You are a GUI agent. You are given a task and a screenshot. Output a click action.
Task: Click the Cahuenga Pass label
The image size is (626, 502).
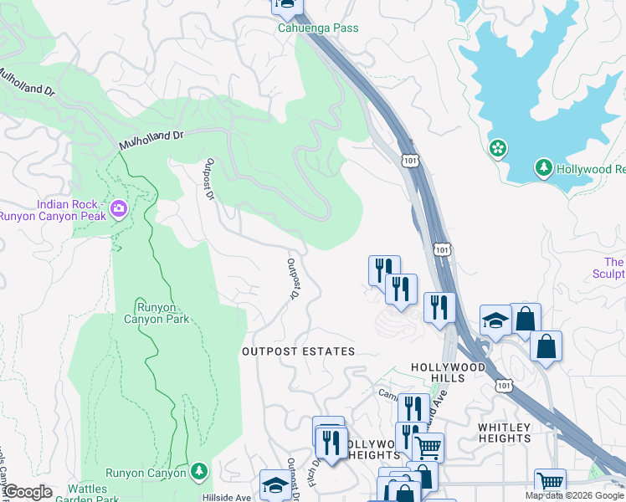tap(318, 28)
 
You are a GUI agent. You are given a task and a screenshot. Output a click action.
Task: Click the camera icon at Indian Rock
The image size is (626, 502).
tap(119, 208)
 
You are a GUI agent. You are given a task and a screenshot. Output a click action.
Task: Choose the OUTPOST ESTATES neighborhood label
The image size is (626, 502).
tap(299, 351)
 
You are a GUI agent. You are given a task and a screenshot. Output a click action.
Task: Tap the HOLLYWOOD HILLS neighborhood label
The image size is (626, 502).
tap(448, 374)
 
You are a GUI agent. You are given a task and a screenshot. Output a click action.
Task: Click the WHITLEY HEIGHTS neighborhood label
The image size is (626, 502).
tap(505, 433)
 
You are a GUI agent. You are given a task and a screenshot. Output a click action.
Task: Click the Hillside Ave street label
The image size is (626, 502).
tap(232, 497)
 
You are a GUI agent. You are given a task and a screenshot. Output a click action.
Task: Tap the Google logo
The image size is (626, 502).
tap(27, 492)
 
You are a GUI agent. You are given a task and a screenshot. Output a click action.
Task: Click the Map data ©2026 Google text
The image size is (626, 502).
tap(574, 496)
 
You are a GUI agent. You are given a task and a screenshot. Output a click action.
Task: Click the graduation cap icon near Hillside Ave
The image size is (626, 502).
tap(275, 484)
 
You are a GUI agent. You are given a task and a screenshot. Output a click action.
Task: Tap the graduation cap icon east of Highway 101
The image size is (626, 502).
tap(495, 320)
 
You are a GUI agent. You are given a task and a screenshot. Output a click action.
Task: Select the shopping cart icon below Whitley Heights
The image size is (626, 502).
tap(550, 482)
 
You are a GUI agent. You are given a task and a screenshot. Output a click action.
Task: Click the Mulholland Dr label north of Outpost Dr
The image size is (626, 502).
tap(151, 139)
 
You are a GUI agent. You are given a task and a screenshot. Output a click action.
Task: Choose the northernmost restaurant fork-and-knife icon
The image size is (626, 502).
tap(384, 269)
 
